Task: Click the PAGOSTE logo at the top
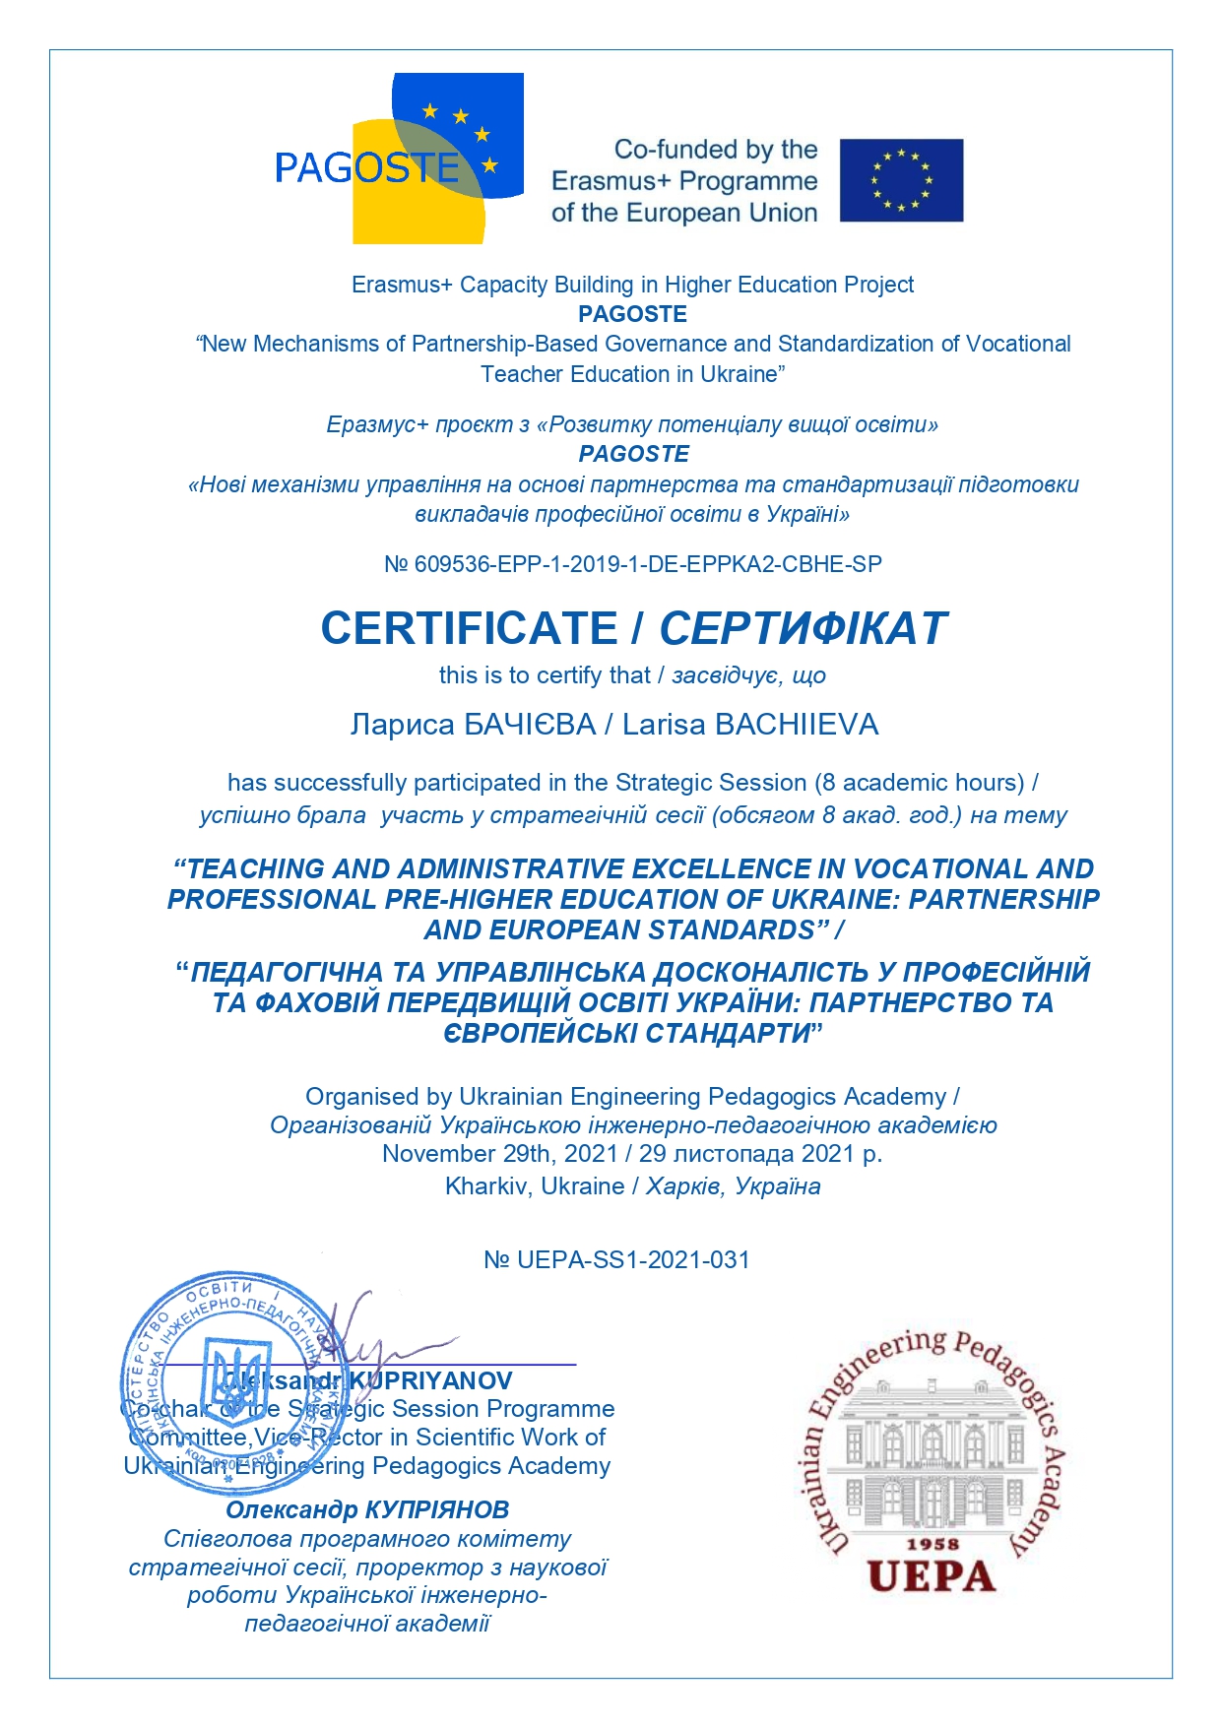tap(399, 159)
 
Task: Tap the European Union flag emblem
tap(901, 180)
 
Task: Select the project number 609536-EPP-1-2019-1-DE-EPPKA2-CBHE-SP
tap(648, 564)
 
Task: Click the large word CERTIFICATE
tap(469, 628)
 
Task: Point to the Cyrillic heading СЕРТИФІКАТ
tap(803, 628)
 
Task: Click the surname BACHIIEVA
tap(797, 725)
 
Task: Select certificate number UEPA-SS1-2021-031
tap(633, 1259)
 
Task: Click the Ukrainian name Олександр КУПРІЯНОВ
tap(367, 1509)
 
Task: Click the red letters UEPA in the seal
tap(931, 1576)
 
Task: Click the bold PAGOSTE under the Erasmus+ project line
tap(632, 314)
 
